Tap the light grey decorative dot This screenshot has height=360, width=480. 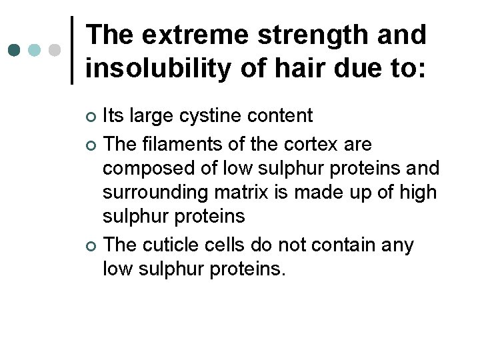coord(55,51)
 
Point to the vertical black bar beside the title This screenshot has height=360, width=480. coord(72,50)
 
